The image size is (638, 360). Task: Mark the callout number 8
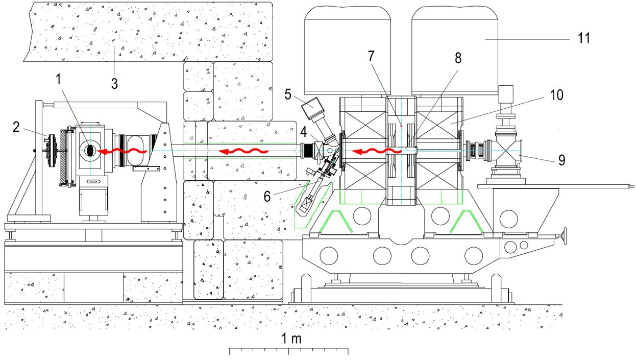458,58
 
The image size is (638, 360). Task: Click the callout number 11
582,38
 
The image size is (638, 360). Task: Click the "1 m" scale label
289,338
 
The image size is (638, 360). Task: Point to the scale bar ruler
289,351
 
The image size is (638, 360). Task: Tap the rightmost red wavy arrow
378,151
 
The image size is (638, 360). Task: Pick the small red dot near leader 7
401,126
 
